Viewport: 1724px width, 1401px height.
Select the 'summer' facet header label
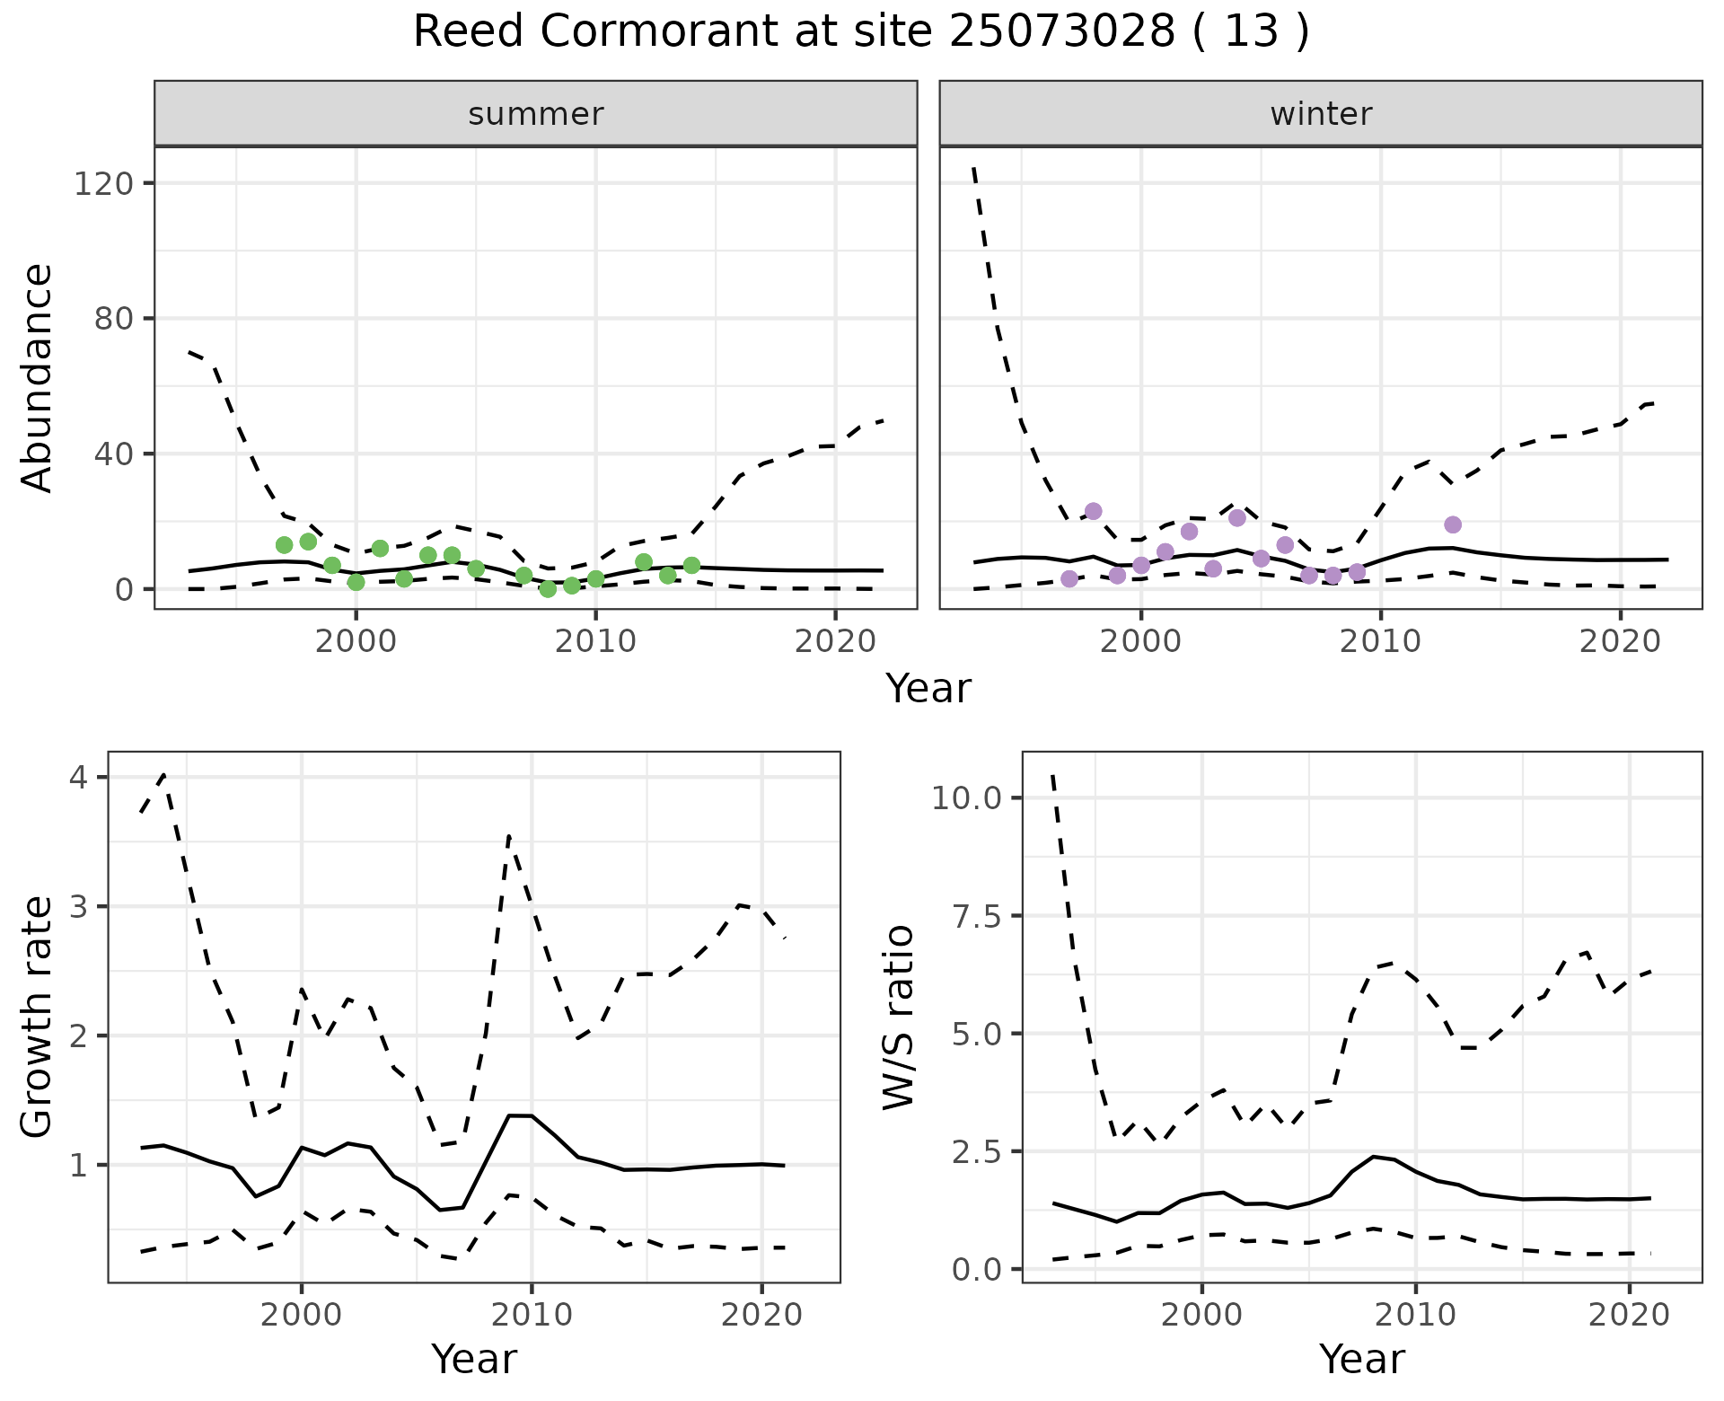coord(536,114)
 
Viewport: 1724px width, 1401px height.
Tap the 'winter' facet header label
coord(1321,114)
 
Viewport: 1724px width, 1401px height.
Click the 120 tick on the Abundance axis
coord(102,184)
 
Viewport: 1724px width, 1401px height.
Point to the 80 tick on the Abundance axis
coord(112,319)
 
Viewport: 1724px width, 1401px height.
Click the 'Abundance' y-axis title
coord(37,377)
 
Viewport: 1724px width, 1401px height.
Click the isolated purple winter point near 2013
coord(1453,524)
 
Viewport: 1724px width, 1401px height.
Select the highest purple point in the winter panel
coord(1093,511)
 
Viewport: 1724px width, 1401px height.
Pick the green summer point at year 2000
coord(356,582)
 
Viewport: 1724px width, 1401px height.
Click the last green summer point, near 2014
coord(691,565)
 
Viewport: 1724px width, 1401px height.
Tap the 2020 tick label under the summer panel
coord(835,642)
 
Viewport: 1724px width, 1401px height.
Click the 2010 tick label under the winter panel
coord(1380,642)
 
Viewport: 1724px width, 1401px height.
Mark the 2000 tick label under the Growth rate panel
coord(301,1316)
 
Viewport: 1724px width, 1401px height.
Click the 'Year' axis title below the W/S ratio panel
coord(1361,1360)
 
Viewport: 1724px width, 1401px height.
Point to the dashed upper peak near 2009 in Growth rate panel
coord(509,836)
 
